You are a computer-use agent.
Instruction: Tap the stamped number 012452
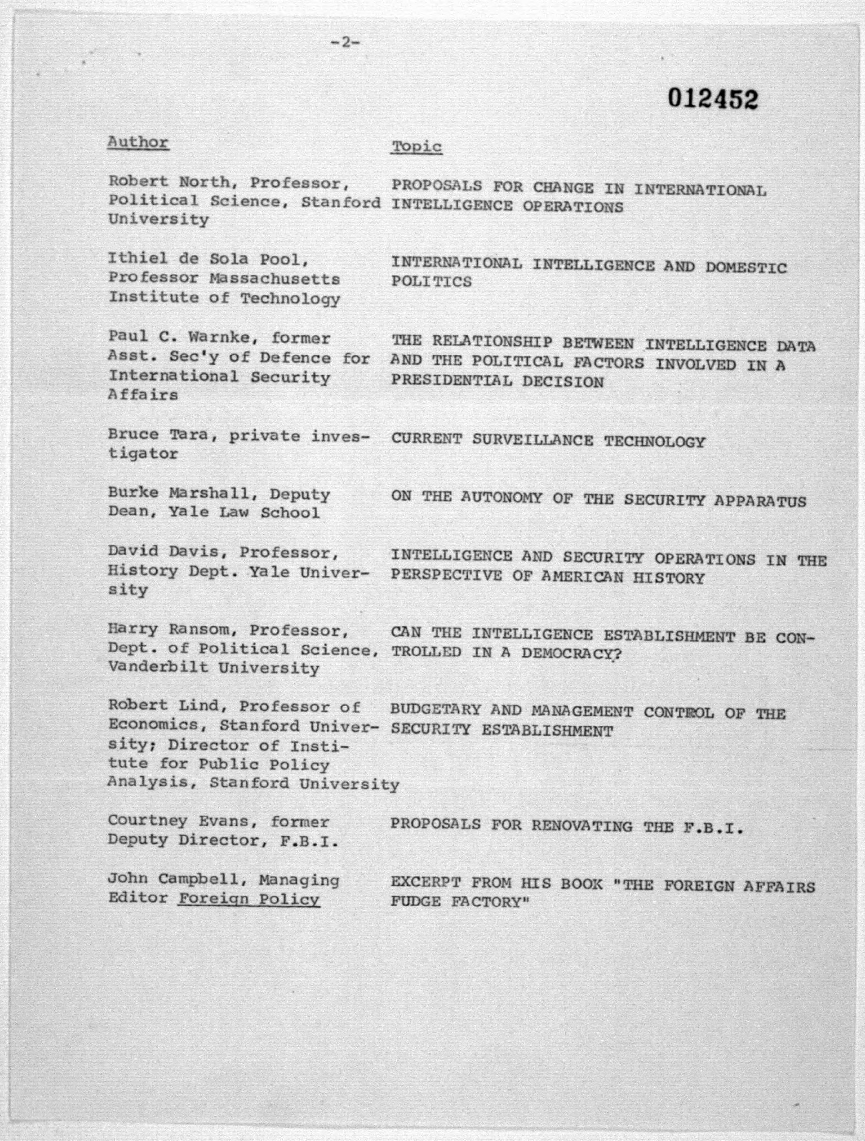tap(713, 98)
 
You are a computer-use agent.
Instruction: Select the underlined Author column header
tap(138, 142)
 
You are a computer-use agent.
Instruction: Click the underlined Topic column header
tap(417, 147)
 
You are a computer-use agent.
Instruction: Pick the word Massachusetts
tap(275, 279)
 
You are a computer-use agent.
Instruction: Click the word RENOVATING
tap(582, 826)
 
